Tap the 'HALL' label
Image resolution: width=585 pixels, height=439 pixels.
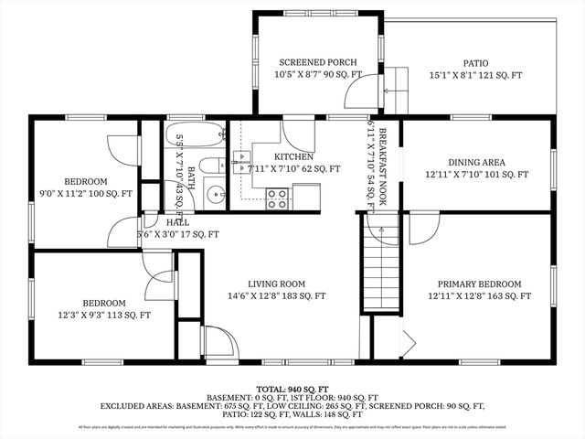(x=178, y=221)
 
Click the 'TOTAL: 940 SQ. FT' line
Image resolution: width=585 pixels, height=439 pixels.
(x=292, y=389)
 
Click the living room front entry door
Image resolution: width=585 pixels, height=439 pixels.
(x=219, y=343)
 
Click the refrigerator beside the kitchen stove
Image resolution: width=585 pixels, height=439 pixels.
(x=306, y=196)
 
